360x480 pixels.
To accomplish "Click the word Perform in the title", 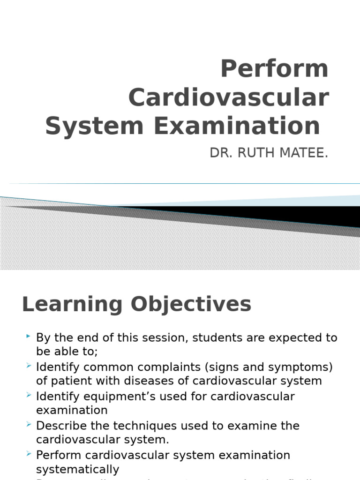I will click(274, 69).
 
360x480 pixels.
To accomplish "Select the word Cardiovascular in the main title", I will click(228, 98).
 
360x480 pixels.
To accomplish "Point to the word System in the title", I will click(94, 127).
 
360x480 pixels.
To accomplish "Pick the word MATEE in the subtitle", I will click(305, 153).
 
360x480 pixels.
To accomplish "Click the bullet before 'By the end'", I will click(29, 337).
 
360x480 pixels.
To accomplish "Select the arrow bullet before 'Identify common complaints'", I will click(29, 366).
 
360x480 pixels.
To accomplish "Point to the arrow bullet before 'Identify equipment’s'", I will click(29, 395).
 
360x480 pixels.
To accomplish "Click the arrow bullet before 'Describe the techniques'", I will click(29, 425).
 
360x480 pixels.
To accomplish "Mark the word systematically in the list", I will click(78, 469).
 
